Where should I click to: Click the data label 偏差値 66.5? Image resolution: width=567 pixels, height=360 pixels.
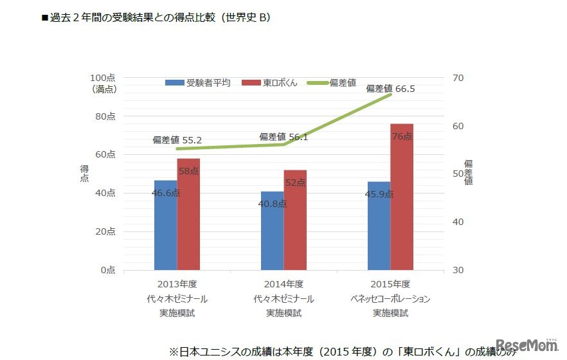390,89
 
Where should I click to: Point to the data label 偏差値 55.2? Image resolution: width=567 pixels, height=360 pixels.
177,139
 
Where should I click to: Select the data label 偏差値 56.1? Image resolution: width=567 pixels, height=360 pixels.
283,137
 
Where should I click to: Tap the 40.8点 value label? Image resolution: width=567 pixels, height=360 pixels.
273,204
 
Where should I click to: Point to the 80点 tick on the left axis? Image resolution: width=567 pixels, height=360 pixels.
105,116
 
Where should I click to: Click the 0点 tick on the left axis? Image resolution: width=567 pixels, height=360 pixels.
108,271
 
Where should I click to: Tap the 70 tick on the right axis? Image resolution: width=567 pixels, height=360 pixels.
458,78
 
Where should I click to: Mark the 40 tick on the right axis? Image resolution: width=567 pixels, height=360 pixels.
458,222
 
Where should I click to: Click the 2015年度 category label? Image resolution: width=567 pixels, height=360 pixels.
390,283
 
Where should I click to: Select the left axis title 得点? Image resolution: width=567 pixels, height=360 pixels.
84,173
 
